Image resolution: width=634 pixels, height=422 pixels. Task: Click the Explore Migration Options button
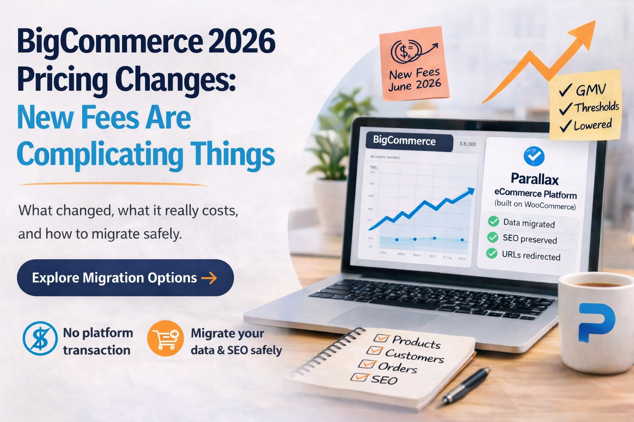tap(125, 278)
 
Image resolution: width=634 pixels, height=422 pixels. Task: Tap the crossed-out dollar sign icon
tap(40, 339)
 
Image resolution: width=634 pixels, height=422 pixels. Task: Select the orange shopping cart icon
tap(165, 338)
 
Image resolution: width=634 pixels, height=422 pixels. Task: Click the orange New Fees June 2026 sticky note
tap(414, 64)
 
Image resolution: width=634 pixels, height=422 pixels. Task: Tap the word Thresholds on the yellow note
tap(596, 108)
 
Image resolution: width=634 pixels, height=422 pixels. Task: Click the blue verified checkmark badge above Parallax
tap(534, 156)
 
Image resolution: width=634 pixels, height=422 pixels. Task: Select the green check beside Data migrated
tap(493, 221)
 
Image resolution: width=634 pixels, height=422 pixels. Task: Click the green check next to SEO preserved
tap(492, 237)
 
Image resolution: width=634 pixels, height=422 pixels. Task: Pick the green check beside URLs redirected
tap(492, 253)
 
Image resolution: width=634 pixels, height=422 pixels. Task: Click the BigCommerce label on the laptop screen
tap(405, 141)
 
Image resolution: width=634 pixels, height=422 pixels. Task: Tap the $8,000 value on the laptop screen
tap(468, 144)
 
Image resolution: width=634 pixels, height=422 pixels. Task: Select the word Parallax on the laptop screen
tap(535, 179)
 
